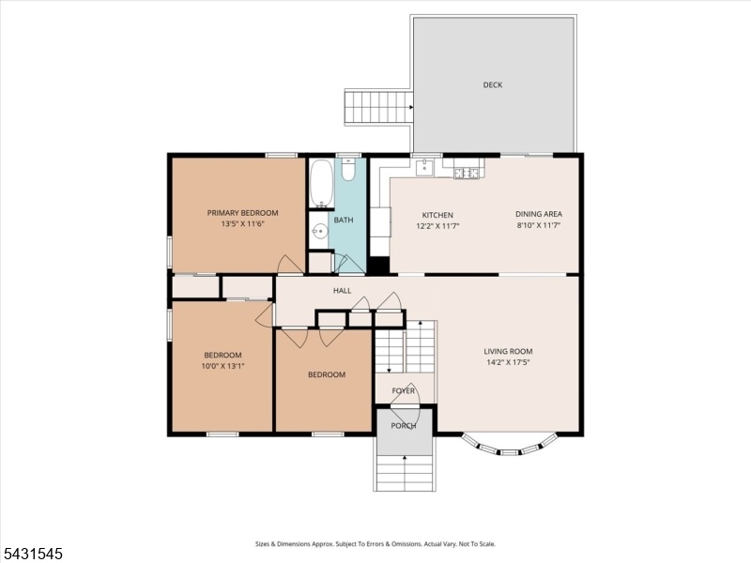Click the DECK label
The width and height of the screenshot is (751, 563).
492,84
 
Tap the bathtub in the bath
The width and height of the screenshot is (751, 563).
321,183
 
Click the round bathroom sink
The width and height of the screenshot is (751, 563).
319,232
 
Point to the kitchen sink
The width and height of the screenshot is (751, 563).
424,168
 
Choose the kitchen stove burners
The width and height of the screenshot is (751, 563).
466,173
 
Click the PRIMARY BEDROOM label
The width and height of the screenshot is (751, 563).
242,213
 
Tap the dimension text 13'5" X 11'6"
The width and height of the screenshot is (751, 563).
243,223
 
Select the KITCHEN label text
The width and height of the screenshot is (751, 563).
437,216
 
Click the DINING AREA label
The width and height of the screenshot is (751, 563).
539,214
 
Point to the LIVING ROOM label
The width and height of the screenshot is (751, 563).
508,351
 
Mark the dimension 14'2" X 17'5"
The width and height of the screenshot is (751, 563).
508,362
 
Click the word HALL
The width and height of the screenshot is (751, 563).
343,291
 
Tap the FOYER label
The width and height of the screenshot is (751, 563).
404,391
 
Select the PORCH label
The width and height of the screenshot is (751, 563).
404,426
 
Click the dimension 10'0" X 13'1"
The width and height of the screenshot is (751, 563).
223,366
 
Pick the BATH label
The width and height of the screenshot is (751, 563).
344,221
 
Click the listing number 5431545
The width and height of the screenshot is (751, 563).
32,554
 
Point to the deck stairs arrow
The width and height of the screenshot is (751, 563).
410,107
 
